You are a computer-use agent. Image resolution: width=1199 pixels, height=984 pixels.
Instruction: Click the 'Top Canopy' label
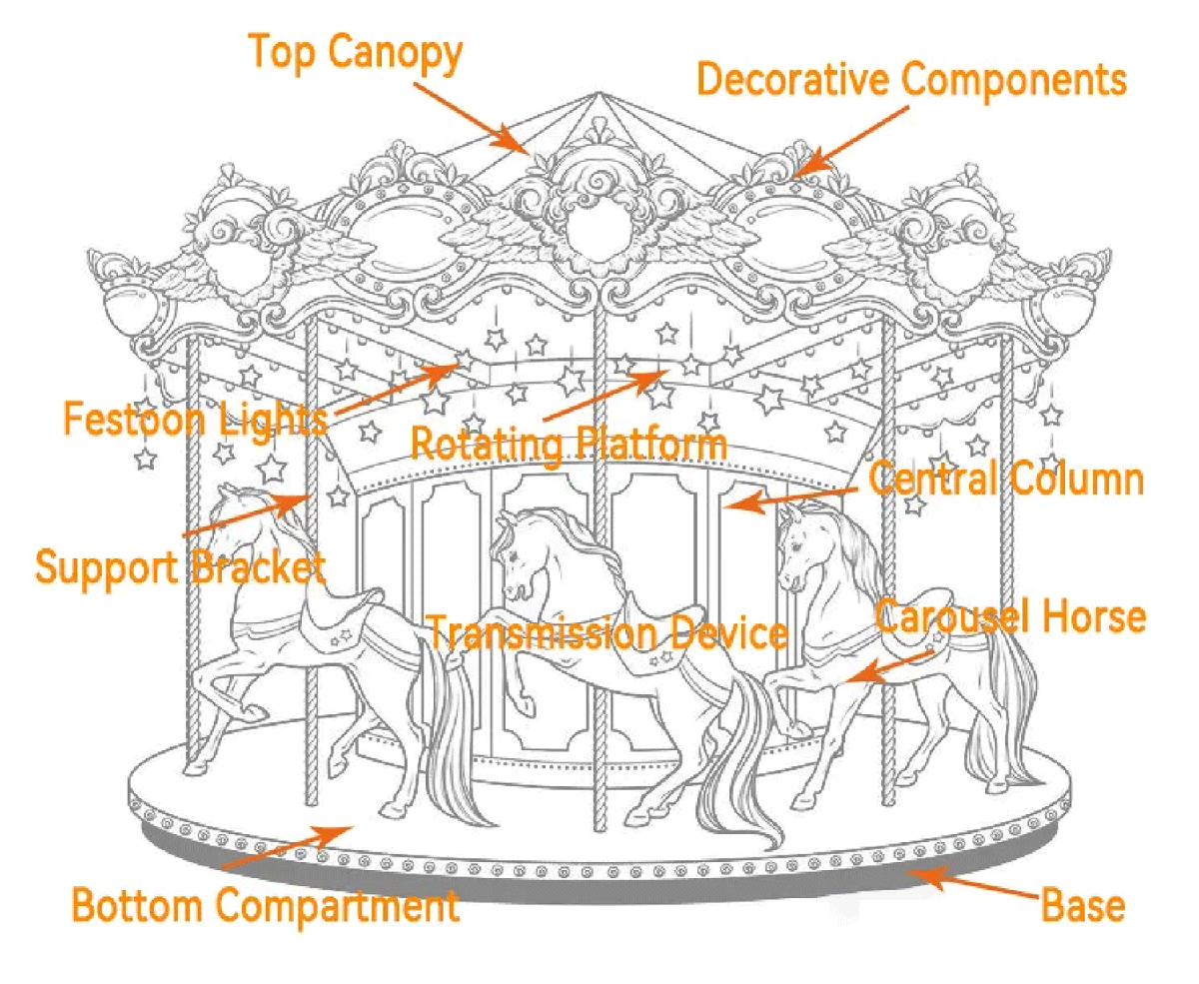[355, 52]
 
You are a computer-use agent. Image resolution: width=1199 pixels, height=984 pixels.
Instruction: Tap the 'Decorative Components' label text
[911, 79]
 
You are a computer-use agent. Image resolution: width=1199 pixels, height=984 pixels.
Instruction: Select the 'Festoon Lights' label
[196, 418]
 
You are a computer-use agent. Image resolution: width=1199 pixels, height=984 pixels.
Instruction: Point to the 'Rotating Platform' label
[569, 444]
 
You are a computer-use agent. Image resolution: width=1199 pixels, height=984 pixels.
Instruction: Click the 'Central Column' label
[1005, 480]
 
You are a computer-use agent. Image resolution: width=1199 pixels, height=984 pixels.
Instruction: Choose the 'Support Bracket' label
[180, 567]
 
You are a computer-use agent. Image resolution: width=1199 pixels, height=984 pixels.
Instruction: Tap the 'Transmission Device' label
[607, 632]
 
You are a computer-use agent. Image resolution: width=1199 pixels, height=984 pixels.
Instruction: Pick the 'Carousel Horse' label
[1010, 616]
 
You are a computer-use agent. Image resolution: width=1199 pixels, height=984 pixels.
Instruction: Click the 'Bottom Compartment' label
[266, 906]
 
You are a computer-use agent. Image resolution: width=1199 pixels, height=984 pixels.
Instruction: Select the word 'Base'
[1083, 906]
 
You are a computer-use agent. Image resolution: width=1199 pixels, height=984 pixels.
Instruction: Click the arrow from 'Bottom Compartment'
[285, 844]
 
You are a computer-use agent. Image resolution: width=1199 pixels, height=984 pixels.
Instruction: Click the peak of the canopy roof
[598, 95]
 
